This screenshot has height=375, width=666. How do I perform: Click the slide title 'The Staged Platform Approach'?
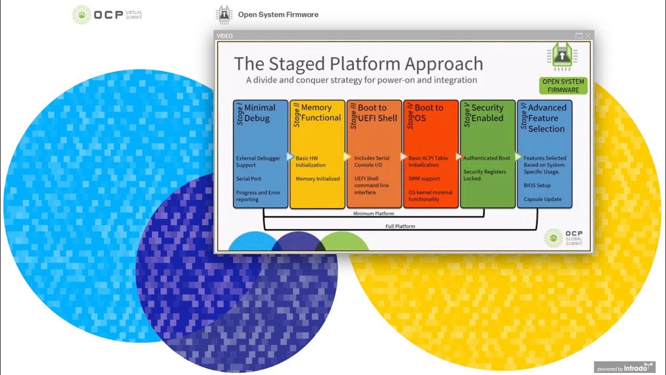[x=358, y=64]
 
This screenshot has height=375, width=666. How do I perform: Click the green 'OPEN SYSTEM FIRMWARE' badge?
[x=563, y=85]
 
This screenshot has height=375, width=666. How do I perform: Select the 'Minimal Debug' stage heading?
[x=260, y=113]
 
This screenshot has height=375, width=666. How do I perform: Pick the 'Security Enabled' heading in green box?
[x=487, y=113]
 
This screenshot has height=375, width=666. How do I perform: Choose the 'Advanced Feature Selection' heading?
[x=546, y=118]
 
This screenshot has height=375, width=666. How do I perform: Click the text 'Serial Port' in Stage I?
[x=248, y=179]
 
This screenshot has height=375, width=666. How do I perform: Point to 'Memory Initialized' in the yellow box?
[x=317, y=179]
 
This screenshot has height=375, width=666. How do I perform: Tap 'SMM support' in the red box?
[x=424, y=179]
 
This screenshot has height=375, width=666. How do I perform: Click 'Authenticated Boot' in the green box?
[x=486, y=158]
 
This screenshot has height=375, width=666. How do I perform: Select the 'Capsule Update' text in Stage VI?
[x=542, y=199]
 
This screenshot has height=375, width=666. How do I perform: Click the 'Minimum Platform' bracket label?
[x=373, y=214]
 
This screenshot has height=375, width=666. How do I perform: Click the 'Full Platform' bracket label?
[x=400, y=226]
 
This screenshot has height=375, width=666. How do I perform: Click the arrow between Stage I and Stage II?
[x=290, y=156]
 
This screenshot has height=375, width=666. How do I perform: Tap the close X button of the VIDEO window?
[x=587, y=35]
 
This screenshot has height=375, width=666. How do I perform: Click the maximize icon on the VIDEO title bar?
[x=579, y=35]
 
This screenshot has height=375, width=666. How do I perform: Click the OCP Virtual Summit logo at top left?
[x=107, y=14]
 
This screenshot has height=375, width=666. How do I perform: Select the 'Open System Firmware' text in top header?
[x=278, y=15]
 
